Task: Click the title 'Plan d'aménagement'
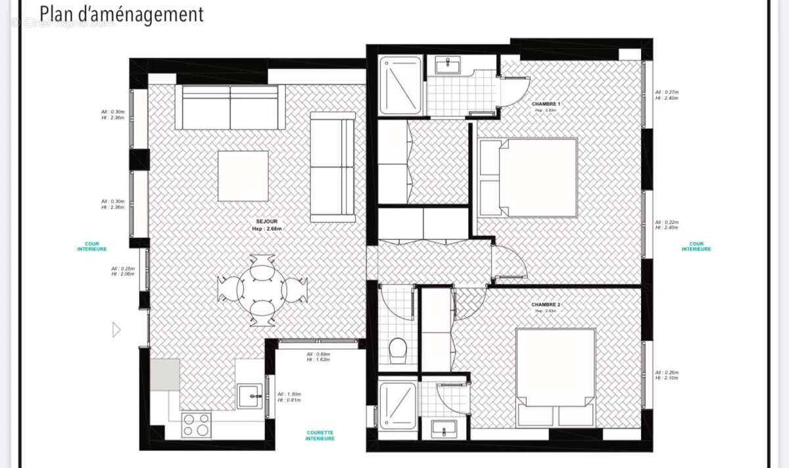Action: tap(122, 14)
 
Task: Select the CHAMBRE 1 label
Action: tap(546, 105)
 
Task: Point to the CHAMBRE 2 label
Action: tap(546, 305)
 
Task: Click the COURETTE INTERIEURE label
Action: tap(320, 435)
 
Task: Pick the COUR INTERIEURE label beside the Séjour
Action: tap(91, 246)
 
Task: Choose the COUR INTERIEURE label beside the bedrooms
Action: tap(696, 247)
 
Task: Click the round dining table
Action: tap(262, 289)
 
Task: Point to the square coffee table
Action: tap(243, 176)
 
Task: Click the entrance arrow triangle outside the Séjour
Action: tap(116, 329)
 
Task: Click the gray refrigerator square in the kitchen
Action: tap(164, 375)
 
